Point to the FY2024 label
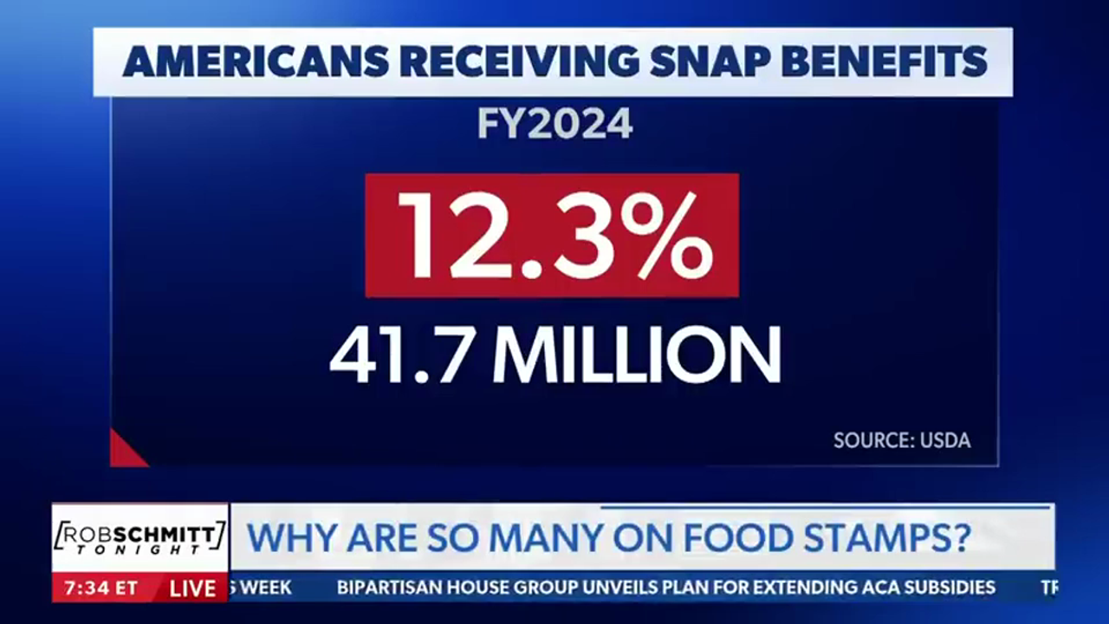tap(554, 126)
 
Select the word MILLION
tap(641, 355)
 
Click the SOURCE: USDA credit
tap(902, 440)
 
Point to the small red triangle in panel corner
tap(122, 452)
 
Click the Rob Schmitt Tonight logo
tap(139, 538)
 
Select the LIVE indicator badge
tap(192, 588)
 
